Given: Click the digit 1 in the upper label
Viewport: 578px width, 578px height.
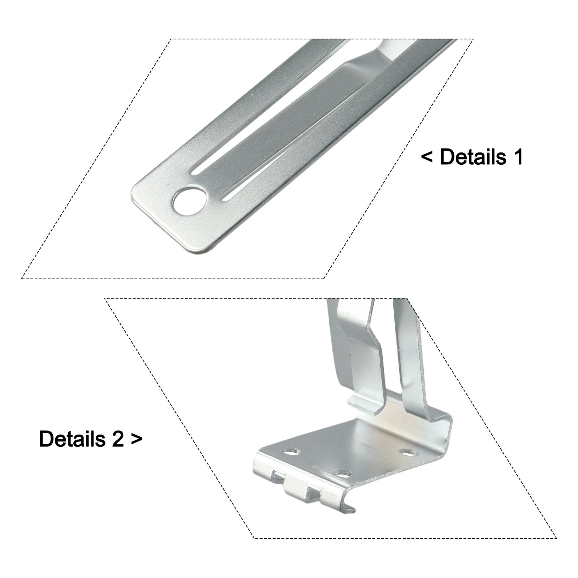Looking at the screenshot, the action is pos(518,157).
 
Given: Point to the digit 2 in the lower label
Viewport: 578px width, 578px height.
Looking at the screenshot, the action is pos(117,439).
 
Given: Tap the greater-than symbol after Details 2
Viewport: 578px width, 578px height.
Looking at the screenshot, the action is pos(137,439).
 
